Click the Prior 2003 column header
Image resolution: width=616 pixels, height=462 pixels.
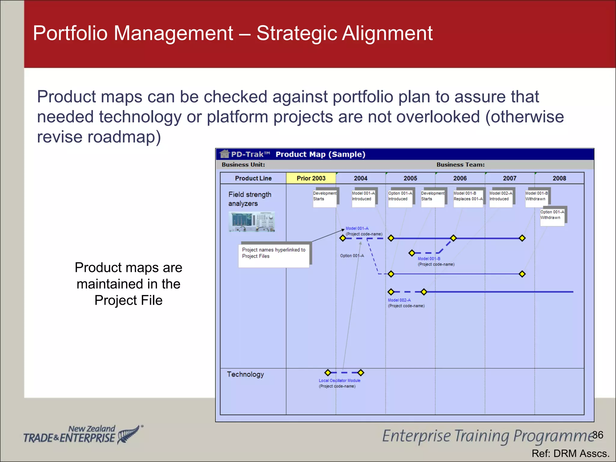pyautogui.click(x=311, y=178)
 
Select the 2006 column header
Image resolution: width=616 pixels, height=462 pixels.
pyautogui.click(x=460, y=178)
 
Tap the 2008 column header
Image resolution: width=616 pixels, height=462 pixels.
pyautogui.click(x=559, y=178)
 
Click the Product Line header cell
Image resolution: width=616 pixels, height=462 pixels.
pyautogui.click(x=253, y=178)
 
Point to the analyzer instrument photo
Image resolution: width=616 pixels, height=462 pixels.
pyautogui.click(x=252, y=222)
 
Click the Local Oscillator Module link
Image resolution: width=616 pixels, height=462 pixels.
pyautogui.click(x=339, y=380)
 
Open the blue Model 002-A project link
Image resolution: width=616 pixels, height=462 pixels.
pyautogui.click(x=399, y=300)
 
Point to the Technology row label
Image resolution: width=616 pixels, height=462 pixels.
pyautogui.click(x=245, y=374)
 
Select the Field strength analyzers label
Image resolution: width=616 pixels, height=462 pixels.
pyautogui.click(x=250, y=199)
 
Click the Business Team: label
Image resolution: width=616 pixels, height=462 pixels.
pyautogui.click(x=460, y=165)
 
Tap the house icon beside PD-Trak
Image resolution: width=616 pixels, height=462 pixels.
pyautogui.click(x=224, y=154)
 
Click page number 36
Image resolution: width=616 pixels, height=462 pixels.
pyautogui.click(x=598, y=435)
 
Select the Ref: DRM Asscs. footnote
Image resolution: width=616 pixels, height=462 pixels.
pyautogui.click(x=570, y=453)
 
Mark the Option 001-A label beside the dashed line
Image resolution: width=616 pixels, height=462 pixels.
pyautogui.click(x=352, y=256)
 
